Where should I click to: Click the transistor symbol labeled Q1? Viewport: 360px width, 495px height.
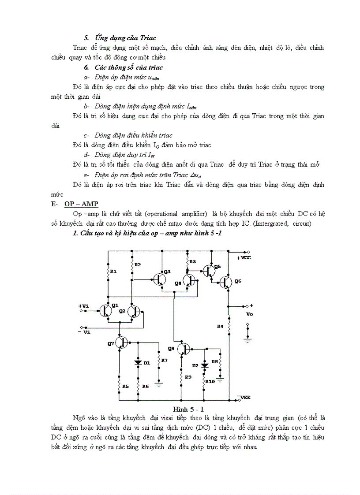tap(105, 311)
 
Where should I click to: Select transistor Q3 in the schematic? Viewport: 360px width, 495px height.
tap(159, 279)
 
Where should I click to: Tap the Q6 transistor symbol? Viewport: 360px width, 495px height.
tap(226, 283)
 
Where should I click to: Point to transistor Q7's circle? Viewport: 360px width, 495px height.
tap(121, 342)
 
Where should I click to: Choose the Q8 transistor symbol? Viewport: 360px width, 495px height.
tap(184, 349)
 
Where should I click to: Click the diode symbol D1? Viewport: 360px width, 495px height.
tap(138, 362)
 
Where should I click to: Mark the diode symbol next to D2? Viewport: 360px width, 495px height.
tap(204, 365)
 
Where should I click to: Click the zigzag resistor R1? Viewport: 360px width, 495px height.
tap(108, 272)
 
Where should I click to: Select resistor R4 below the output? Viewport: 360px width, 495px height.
tap(229, 326)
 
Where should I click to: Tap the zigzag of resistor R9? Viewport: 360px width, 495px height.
tap(181, 376)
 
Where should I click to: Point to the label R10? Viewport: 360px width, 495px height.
tap(210, 381)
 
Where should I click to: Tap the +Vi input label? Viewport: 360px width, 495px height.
tap(83, 305)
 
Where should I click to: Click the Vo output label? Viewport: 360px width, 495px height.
tap(250, 315)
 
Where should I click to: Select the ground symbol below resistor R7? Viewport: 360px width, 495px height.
tap(159, 383)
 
